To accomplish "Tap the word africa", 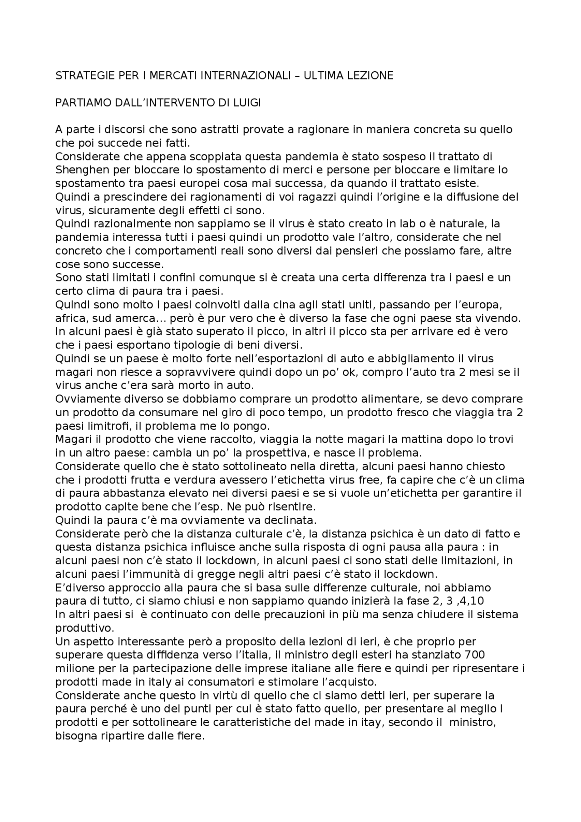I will coord(69,318).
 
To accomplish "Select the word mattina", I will coord(391,439).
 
